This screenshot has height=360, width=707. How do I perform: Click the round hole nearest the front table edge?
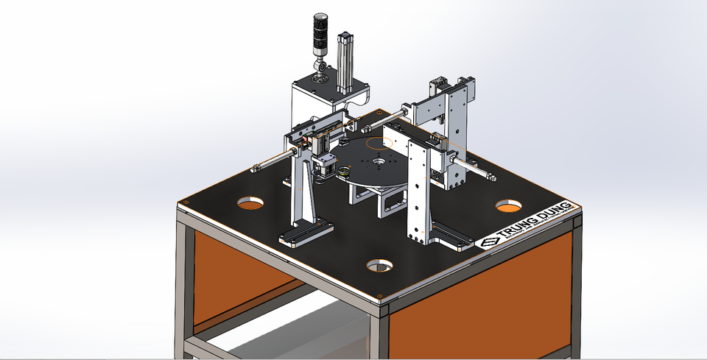(x=379, y=264)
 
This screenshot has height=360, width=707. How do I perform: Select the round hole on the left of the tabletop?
(x=250, y=202)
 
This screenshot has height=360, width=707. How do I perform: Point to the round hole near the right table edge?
(x=508, y=206)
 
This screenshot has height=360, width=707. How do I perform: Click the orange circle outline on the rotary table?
(x=381, y=144)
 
